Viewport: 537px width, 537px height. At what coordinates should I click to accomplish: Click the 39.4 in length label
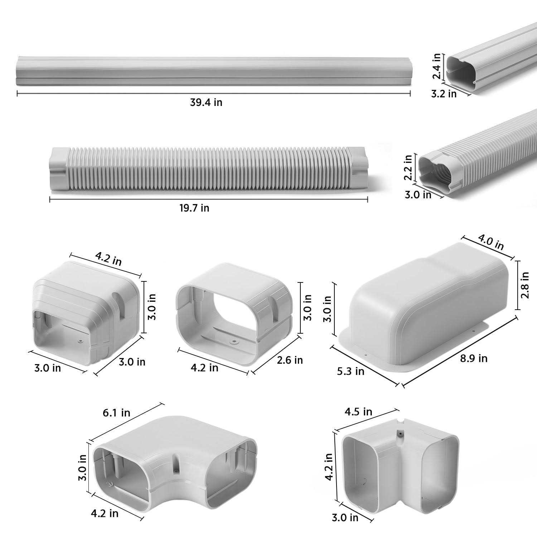(206, 102)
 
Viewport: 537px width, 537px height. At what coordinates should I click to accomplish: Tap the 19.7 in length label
(194, 208)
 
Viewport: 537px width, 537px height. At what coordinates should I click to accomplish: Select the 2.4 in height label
(436, 66)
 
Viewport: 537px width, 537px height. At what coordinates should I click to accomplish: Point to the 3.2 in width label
(444, 94)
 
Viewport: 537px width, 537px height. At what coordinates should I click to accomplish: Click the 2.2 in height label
(408, 167)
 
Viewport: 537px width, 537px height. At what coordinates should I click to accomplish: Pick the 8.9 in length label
(474, 358)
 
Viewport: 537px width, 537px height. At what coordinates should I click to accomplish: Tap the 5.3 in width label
(350, 371)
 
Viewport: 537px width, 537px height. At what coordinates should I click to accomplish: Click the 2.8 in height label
(525, 285)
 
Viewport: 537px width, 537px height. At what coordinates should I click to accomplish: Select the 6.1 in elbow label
(116, 413)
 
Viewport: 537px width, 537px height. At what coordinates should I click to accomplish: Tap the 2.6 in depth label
(290, 360)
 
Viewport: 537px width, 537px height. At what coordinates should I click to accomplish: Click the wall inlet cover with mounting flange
(426, 308)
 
